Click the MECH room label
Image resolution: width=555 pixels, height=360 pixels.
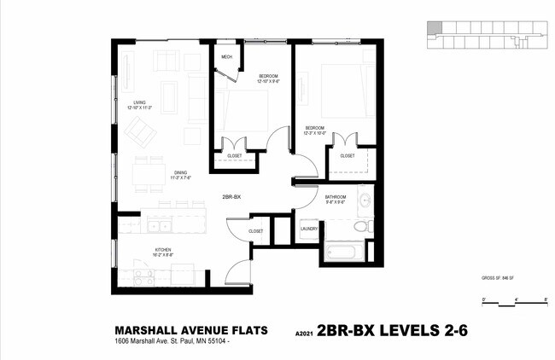point(226,57)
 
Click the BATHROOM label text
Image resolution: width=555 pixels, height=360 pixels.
point(335,199)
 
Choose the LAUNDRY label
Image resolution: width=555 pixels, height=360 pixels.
point(309,229)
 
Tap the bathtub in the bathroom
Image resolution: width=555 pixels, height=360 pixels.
point(345,252)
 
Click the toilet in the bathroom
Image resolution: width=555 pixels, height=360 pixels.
point(362,227)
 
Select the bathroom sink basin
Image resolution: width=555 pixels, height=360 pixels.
point(365,201)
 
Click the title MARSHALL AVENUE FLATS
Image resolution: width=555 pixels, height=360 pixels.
point(190,330)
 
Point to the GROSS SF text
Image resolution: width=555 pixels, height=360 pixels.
point(501,279)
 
